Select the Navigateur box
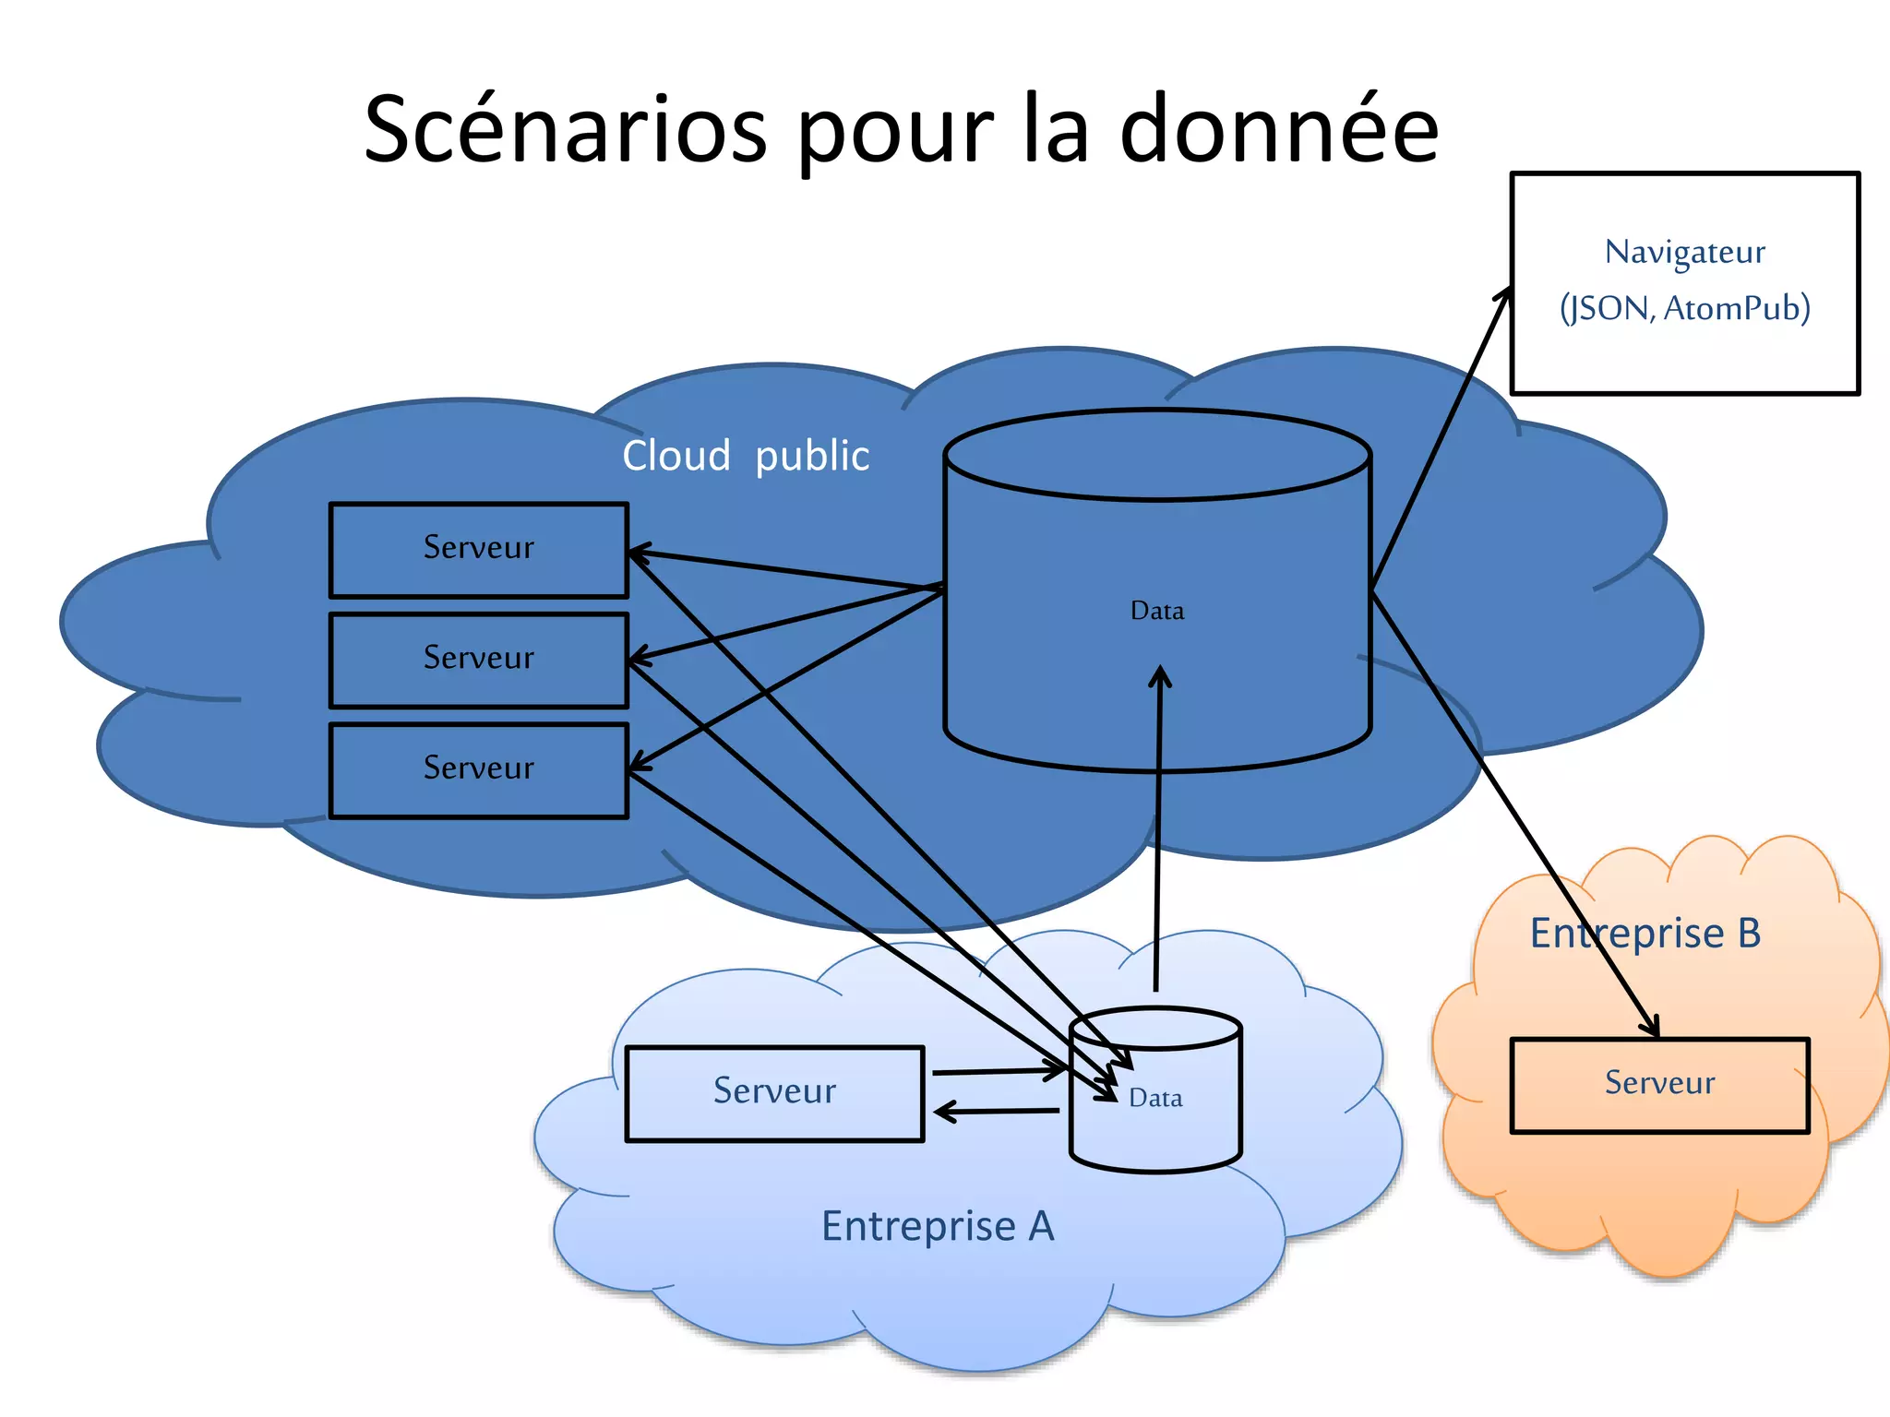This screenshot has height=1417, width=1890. [x=1684, y=360]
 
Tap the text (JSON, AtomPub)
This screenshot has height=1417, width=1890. [x=1684, y=308]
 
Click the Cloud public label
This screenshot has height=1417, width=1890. [x=746, y=456]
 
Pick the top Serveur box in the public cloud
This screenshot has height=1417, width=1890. [x=478, y=549]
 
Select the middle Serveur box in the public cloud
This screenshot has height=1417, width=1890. [x=478, y=659]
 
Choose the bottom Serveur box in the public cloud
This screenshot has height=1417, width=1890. [x=478, y=768]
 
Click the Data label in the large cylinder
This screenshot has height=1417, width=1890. [x=1157, y=611]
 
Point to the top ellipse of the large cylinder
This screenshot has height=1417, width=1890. [x=1157, y=455]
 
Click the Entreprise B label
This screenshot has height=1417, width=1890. [x=1645, y=933]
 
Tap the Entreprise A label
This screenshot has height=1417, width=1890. [x=938, y=1226]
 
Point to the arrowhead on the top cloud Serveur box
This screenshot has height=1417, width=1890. [x=637, y=554]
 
